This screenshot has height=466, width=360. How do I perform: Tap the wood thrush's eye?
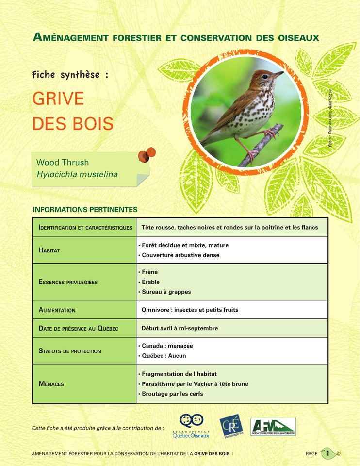coord(266,76)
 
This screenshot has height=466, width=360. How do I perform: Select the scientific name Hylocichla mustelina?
coord(74,174)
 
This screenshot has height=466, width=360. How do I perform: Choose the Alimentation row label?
coord(57,310)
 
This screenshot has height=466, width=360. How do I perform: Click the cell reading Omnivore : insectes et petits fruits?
coord(190,310)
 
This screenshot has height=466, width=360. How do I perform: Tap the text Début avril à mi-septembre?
coord(180,328)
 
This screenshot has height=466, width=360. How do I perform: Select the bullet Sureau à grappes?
coord(166,292)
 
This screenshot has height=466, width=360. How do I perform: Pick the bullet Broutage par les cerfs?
coord(172,394)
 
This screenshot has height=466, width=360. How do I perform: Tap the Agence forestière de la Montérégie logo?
coord(273,427)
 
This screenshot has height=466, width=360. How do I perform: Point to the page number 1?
coord(328,454)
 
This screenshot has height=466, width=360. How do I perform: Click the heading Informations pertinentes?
coord(85,210)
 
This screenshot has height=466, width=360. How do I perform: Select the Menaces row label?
coord(51,384)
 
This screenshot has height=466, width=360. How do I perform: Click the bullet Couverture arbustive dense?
coord(180,255)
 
